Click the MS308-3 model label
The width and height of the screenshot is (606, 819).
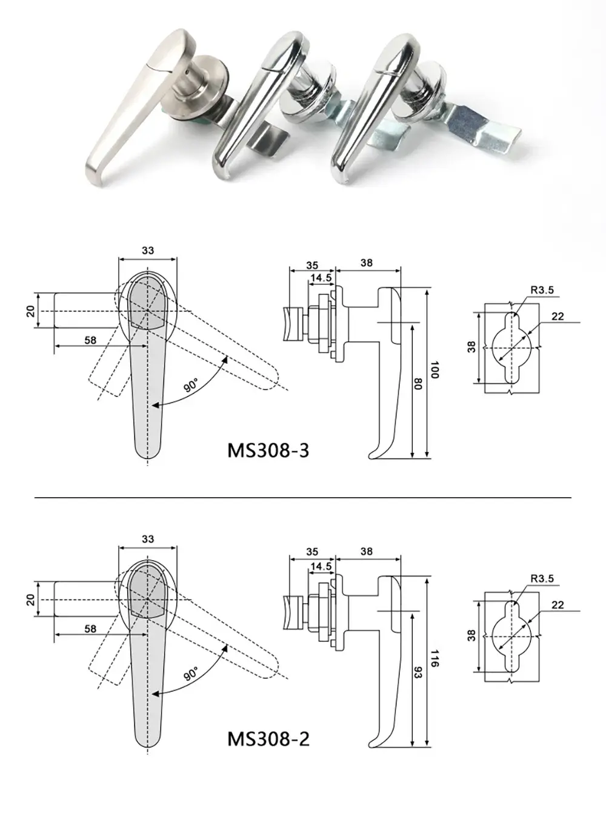[268, 450]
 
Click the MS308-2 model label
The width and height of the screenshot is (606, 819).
[268, 739]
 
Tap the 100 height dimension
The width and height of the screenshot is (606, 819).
[434, 371]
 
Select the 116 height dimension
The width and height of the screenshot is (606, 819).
[434, 659]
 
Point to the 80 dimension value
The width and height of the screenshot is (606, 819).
[418, 384]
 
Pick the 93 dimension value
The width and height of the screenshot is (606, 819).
[418, 672]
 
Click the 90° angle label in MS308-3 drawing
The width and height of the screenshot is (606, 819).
[191, 385]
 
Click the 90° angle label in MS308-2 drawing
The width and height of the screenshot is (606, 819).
[191, 674]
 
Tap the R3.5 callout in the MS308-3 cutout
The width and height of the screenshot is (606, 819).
[542, 290]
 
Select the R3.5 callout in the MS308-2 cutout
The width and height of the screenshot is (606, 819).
[542, 579]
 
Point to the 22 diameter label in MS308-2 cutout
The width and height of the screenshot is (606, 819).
[558, 605]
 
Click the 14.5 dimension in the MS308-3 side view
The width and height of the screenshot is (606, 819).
[321, 278]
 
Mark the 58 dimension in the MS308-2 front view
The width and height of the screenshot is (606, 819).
[90, 629]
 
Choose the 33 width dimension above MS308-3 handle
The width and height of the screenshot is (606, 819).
[147, 250]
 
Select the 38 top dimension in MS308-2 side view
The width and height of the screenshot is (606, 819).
[367, 552]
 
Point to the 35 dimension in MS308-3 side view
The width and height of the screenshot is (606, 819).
[311, 265]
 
